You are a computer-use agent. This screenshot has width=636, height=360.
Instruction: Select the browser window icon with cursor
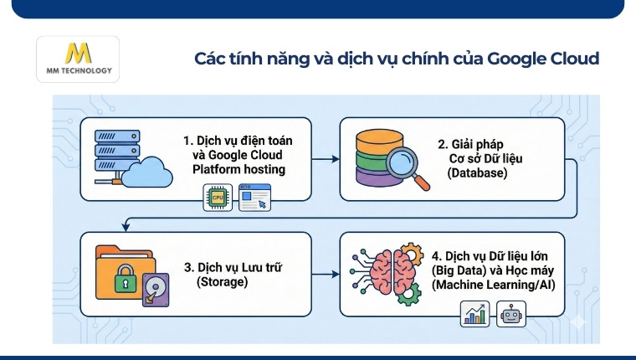pyautogui.click(x=255, y=198)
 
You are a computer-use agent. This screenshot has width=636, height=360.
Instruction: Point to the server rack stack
pyautogui.click(x=113, y=154)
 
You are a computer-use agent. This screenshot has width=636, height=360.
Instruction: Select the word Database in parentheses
pyautogui.click(x=476, y=172)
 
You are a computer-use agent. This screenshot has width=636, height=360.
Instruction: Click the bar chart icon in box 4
pyautogui.click(x=474, y=316)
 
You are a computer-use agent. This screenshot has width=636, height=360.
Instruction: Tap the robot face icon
pyautogui.click(x=511, y=316)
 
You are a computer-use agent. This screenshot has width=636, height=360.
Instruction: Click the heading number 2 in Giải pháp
pyautogui.click(x=443, y=142)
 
